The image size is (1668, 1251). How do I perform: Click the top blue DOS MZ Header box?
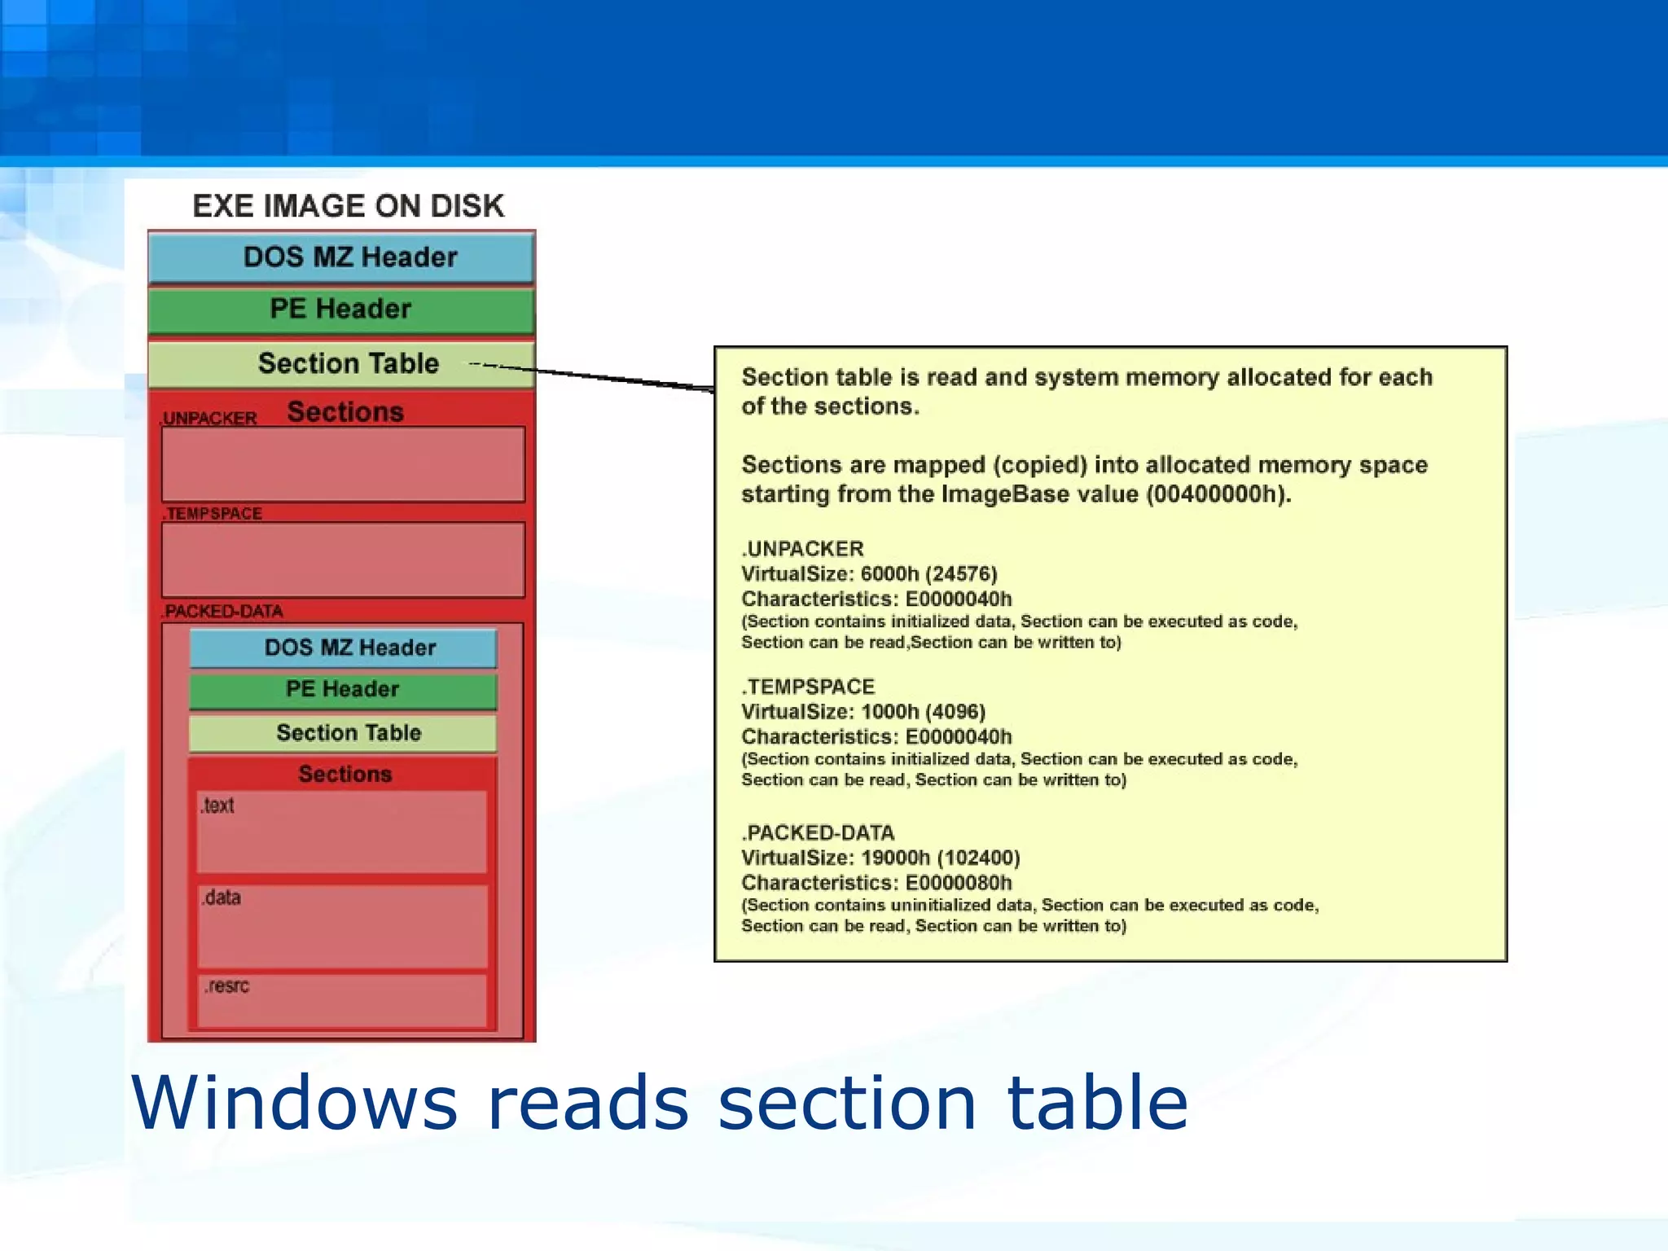tap(342, 257)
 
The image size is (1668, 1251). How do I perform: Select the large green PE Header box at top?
tap(342, 309)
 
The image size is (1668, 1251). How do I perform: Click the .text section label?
tap(217, 805)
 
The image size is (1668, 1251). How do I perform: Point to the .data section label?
tap(222, 898)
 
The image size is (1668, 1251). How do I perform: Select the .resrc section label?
tap(226, 986)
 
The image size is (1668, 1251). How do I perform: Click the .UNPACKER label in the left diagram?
tap(209, 419)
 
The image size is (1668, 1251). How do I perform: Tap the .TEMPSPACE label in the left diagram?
tap(213, 514)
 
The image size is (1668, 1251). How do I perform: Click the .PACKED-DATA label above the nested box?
tap(222, 612)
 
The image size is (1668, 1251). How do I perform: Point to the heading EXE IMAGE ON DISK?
tap(349, 206)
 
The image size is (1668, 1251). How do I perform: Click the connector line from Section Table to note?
tap(619, 378)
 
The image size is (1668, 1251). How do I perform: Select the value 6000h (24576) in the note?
tap(928, 574)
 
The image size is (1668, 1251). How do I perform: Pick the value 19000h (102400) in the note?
tap(940, 858)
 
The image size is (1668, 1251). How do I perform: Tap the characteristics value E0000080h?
tap(959, 883)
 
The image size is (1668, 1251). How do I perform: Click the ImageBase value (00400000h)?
tap(1218, 494)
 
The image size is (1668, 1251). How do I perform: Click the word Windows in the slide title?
tap(295, 1103)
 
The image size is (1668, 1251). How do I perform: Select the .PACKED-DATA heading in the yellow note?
tap(818, 833)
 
